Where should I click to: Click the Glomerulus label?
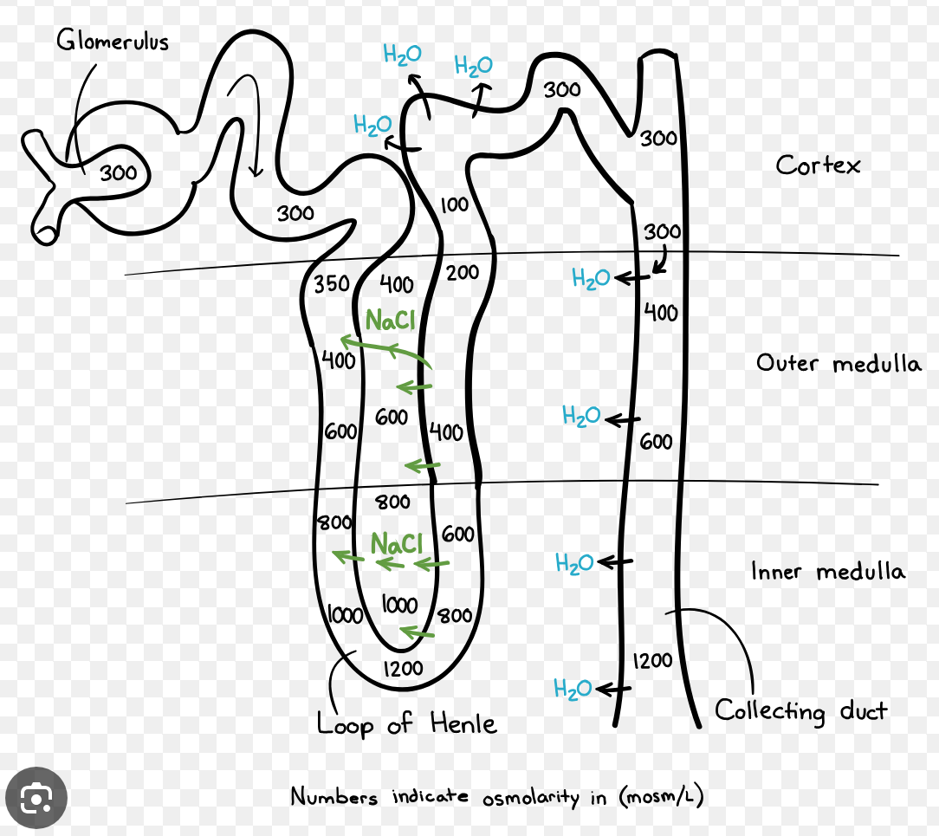(113, 41)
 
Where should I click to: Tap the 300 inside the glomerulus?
(118, 173)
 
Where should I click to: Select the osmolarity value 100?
(454, 205)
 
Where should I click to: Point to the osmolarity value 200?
(463, 273)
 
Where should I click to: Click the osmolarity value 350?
(331, 284)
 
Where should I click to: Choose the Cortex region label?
(818, 165)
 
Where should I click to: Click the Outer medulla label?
(838, 363)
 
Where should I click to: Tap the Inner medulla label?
(827, 572)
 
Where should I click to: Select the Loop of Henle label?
(406, 723)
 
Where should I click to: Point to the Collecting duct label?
(800, 712)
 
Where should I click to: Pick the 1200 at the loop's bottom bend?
(403, 668)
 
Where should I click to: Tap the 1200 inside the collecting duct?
(652, 661)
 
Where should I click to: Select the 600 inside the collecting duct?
(656, 443)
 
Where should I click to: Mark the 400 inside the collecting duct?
(661, 313)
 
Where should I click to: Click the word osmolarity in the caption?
(529, 797)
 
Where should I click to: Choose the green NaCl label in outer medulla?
(390, 321)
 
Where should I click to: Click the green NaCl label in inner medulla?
(396, 544)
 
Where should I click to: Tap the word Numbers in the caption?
(334, 796)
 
